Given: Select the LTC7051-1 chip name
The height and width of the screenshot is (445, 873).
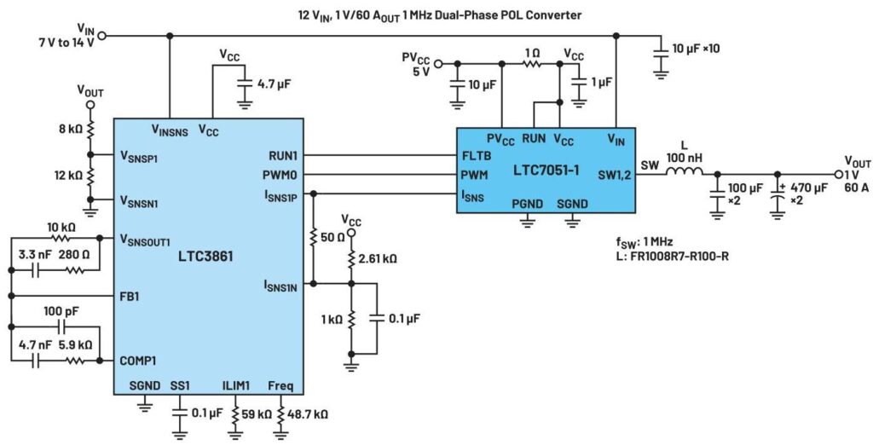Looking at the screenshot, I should pyautogui.click(x=546, y=170).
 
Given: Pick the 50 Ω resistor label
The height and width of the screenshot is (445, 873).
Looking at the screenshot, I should pyautogui.click(x=335, y=234).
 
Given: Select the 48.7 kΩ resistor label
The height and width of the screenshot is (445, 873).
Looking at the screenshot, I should pyautogui.click(x=309, y=413).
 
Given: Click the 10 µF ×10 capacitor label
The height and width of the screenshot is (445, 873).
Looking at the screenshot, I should pyautogui.click(x=697, y=49).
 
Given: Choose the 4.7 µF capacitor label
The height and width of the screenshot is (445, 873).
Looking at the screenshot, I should pyautogui.click(x=276, y=84).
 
